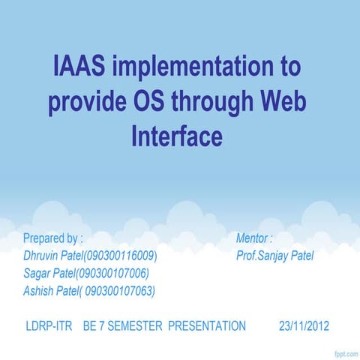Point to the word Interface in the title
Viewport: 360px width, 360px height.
(x=177, y=136)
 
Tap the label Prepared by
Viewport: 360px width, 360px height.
(x=52, y=238)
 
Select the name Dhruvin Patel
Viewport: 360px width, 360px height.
(x=52, y=256)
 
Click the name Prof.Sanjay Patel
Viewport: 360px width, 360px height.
(x=274, y=256)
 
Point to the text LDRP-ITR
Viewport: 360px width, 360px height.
(x=49, y=325)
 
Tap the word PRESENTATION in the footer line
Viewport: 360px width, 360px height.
(x=206, y=325)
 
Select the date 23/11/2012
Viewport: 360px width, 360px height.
(x=303, y=325)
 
